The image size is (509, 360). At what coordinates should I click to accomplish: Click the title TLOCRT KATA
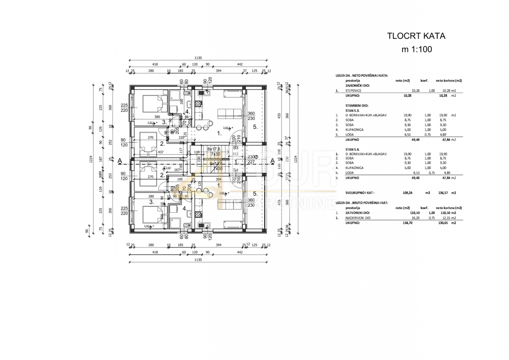pyautogui.click(x=416, y=36)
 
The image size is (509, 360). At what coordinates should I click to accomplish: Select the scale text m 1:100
pyautogui.click(x=417, y=49)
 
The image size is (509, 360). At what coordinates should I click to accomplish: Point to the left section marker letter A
pyautogui.click(x=120, y=161)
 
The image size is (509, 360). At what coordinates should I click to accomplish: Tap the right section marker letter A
pyautogui.click(x=272, y=161)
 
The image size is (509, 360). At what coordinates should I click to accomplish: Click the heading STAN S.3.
pyautogui.click(x=353, y=110)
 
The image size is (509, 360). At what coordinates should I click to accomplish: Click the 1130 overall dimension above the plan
pyautogui.click(x=198, y=58)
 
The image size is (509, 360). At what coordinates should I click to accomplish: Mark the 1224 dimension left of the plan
pyautogui.click(x=91, y=159)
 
